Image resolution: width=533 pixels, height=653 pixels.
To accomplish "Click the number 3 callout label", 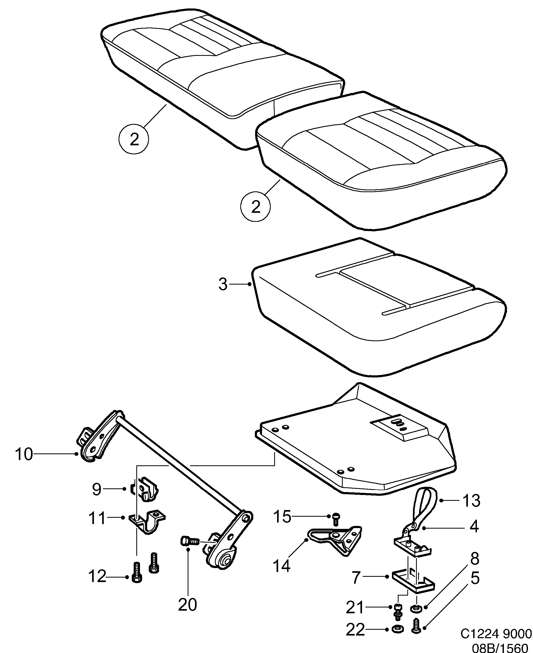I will [223, 285].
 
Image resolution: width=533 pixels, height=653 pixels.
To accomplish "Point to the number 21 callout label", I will [355, 607].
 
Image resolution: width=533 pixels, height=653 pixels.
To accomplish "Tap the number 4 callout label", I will [474, 527].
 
